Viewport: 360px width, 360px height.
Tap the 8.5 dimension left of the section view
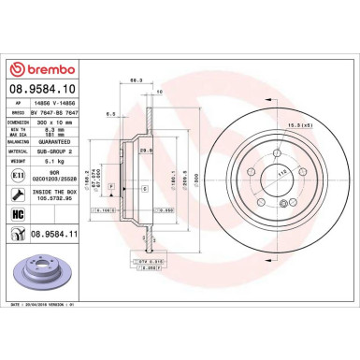click(110, 114)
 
